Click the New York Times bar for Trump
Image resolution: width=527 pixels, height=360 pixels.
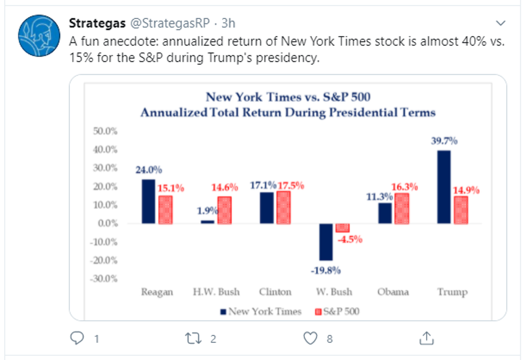444,187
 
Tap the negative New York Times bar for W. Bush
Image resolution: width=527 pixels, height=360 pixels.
326,242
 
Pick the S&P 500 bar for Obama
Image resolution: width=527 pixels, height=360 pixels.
401,209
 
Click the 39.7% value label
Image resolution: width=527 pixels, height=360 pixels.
444,141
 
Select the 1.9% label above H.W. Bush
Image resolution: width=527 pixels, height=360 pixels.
207,210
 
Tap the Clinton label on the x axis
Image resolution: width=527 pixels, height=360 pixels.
274,292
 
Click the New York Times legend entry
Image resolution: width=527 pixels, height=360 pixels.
260,312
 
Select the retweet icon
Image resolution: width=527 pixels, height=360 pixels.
193,338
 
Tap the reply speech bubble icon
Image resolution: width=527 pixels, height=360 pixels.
77,338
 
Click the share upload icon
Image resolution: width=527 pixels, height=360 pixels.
427,338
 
